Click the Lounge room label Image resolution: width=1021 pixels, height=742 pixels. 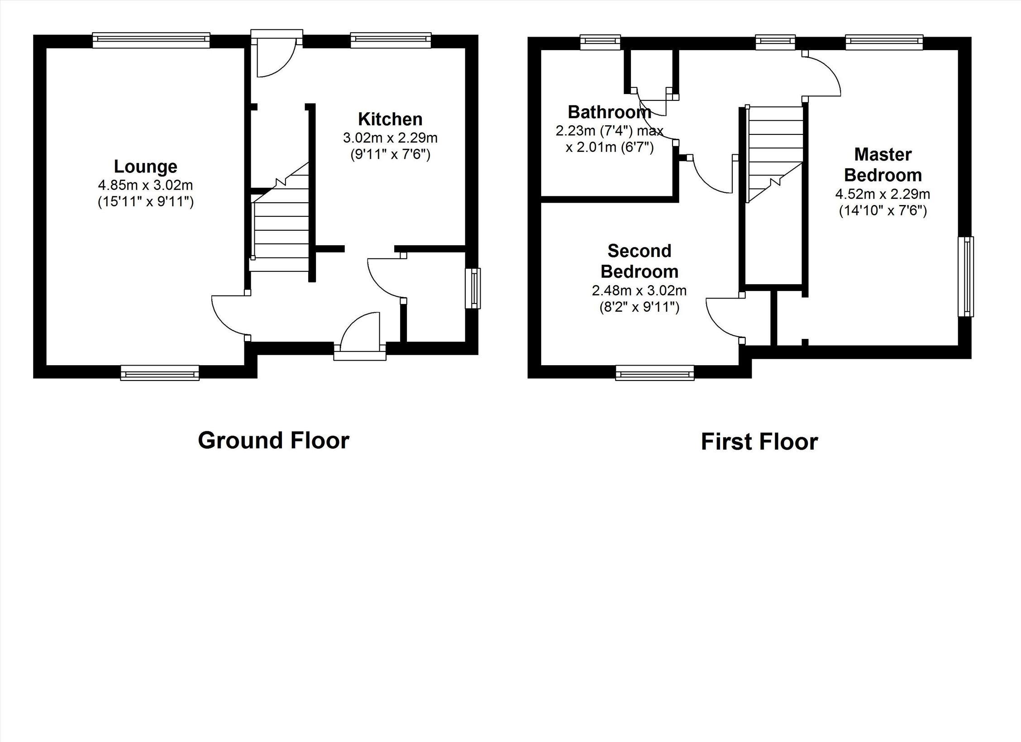(x=145, y=167)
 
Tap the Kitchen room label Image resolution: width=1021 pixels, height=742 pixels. (x=390, y=119)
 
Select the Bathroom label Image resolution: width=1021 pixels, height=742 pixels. (x=609, y=112)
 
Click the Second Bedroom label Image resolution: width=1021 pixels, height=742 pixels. (x=639, y=261)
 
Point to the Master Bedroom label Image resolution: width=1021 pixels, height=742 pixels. (x=883, y=165)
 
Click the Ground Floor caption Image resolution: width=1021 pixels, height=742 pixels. (x=273, y=440)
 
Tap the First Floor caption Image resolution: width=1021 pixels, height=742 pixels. (x=759, y=442)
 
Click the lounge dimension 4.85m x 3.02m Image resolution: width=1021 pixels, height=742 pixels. (x=145, y=185)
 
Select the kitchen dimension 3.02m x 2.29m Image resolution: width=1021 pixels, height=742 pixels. (x=390, y=137)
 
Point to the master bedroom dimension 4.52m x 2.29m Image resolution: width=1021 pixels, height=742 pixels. (x=883, y=195)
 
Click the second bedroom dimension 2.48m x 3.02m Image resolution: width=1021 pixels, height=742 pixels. (x=639, y=290)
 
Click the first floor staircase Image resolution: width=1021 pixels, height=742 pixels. (x=775, y=154)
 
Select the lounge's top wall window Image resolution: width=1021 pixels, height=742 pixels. (x=151, y=40)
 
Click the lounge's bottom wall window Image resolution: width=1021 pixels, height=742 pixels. (x=160, y=373)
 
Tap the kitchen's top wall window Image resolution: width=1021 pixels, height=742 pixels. (x=391, y=40)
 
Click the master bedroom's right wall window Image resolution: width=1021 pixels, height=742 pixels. (x=966, y=277)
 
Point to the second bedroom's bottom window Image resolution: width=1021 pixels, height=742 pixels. (x=655, y=373)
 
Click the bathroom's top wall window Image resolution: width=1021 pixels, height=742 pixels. (x=601, y=42)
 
